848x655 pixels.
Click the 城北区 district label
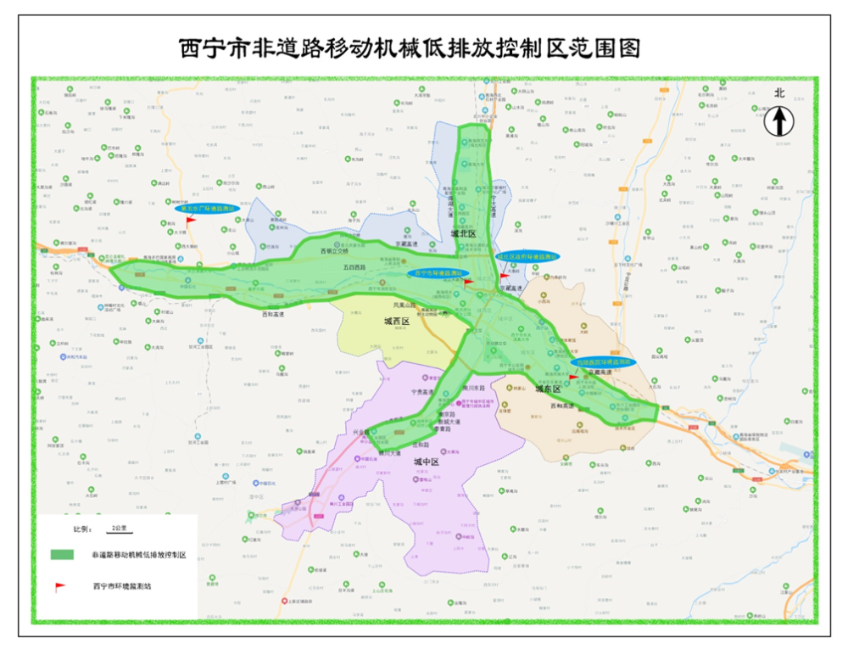(x=464, y=233)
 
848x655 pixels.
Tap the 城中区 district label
(x=426, y=462)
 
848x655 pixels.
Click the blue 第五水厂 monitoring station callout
(x=204, y=208)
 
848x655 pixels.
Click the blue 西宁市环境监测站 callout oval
(x=438, y=274)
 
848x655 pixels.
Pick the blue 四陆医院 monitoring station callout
(x=604, y=362)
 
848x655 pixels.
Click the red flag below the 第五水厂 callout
(x=190, y=221)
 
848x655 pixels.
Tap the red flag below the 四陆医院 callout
(x=574, y=378)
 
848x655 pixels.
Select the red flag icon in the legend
(x=59, y=586)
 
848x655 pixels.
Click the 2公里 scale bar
(x=119, y=528)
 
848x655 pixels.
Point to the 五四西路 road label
(x=354, y=267)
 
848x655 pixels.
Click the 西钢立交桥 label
(x=334, y=251)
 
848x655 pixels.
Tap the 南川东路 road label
(x=473, y=387)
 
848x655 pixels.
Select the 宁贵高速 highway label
(x=421, y=394)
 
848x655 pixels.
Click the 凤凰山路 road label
(x=405, y=305)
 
